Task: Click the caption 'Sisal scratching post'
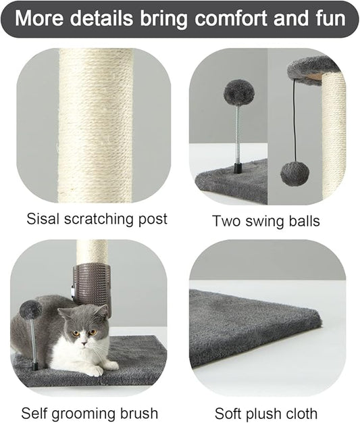pyautogui.click(x=97, y=219)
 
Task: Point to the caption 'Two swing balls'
pyautogui.click(x=265, y=220)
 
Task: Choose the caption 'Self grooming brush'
pyautogui.click(x=90, y=413)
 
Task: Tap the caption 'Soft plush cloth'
pyautogui.click(x=266, y=413)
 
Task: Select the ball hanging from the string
pyautogui.click(x=294, y=173)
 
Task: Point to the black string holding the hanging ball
pyautogui.click(x=294, y=122)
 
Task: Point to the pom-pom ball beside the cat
pyautogui.click(x=31, y=310)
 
